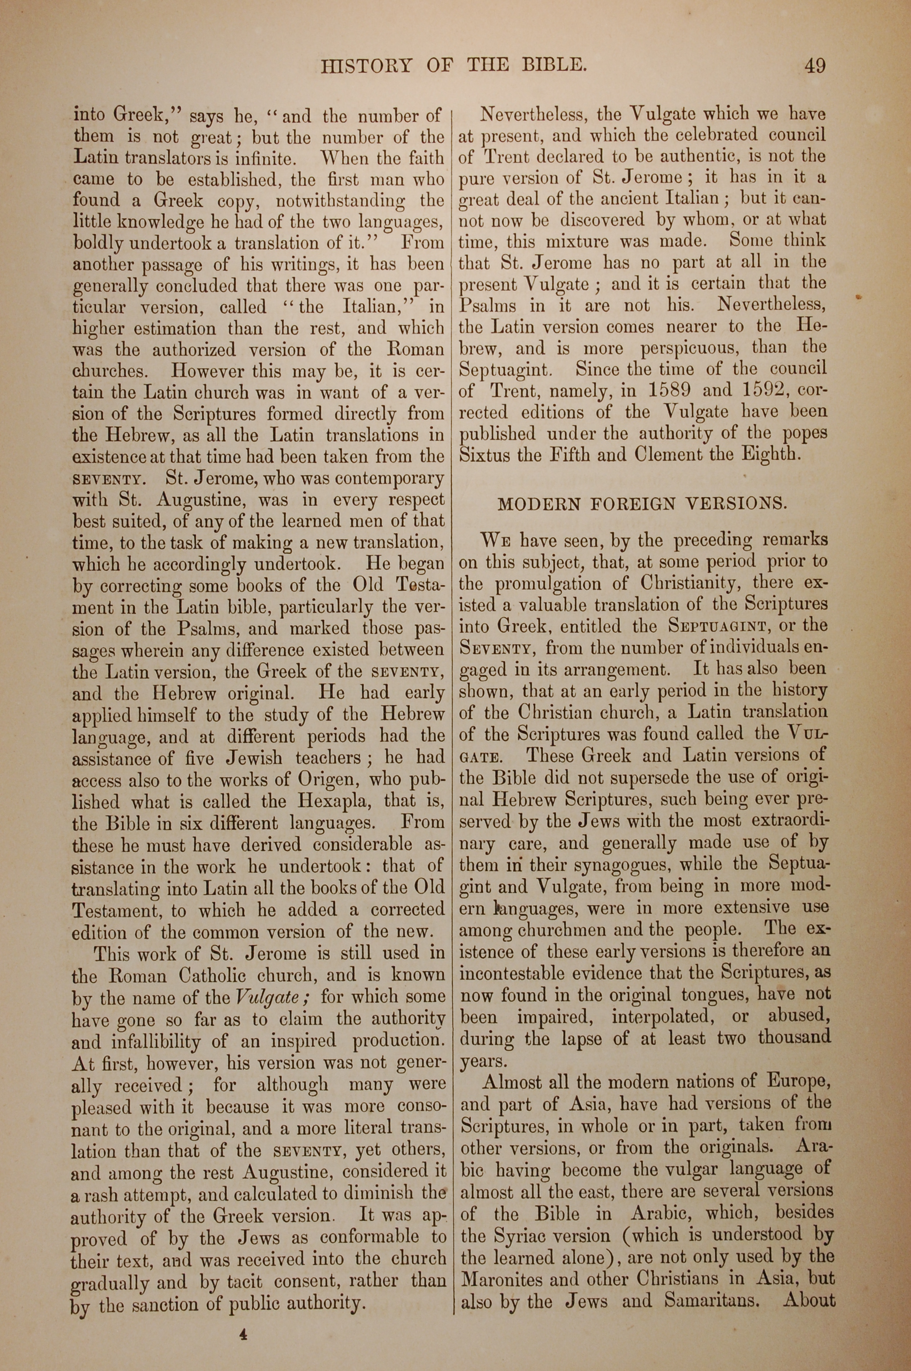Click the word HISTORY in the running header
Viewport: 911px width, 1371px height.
366,66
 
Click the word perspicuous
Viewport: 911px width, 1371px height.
690,349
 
